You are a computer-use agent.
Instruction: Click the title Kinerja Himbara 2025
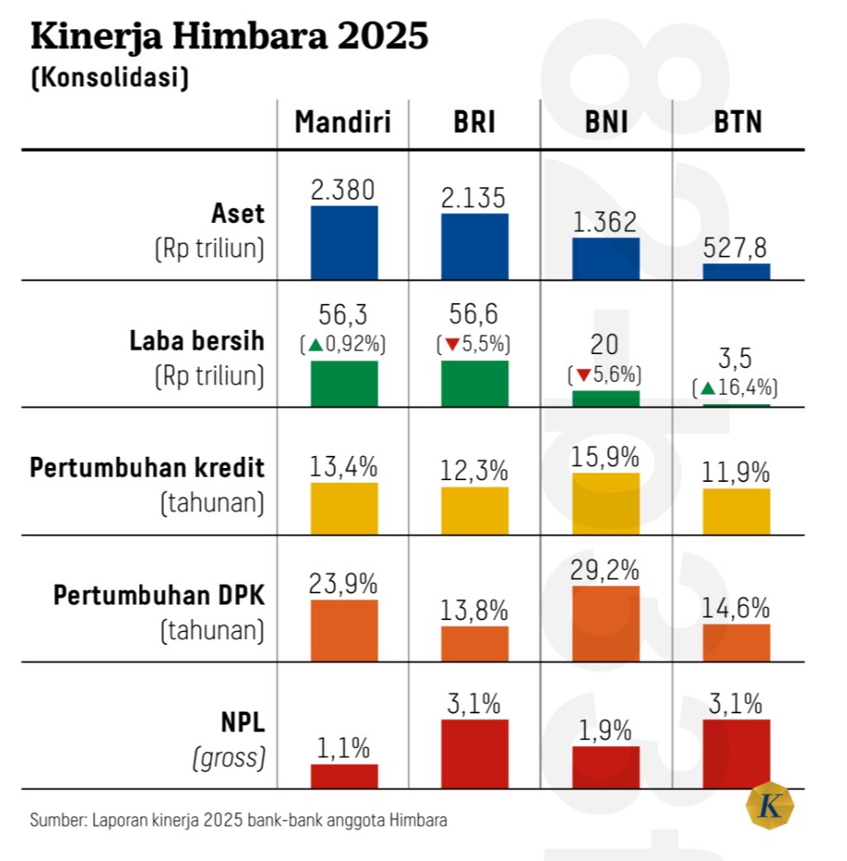tap(229, 39)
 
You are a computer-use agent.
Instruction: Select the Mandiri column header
tap(343, 123)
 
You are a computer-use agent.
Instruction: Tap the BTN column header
tap(737, 123)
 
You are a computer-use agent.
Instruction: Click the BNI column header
tap(605, 123)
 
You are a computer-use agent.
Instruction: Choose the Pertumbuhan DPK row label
tap(159, 595)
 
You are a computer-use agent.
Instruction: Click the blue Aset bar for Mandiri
tap(344, 242)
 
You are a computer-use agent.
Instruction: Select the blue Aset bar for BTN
tap(736, 271)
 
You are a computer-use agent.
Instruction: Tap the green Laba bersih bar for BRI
tap(475, 383)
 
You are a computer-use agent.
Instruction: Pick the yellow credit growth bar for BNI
tap(606, 503)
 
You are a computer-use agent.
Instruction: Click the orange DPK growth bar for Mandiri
tap(344, 630)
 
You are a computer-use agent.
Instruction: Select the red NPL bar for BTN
tap(736, 753)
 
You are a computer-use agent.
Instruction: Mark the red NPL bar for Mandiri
tap(344, 776)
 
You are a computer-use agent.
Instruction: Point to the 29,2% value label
tap(606, 570)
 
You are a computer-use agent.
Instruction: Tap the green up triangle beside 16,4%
tap(707, 389)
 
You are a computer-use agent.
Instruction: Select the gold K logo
tap(768, 806)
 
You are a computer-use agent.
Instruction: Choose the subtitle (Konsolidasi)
tap(110, 78)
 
